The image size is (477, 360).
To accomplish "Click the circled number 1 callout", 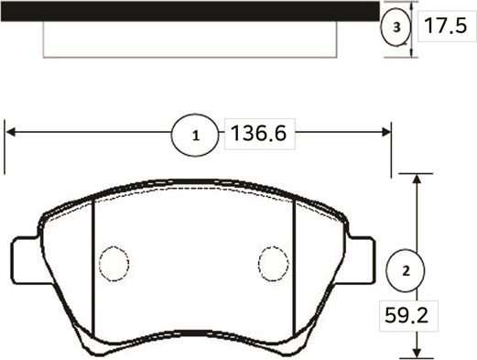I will (x=194, y=136).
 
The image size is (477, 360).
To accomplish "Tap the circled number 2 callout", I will (x=404, y=270).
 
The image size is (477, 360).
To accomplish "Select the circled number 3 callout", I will (x=396, y=27).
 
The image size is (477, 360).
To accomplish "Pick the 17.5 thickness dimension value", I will (x=442, y=27).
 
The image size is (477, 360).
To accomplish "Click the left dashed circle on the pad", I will (x=114, y=264).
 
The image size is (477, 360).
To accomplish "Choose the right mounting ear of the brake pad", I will (x=363, y=261).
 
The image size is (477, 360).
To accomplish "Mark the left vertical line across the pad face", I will (x=95, y=266).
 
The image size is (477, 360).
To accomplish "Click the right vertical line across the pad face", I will (x=293, y=266).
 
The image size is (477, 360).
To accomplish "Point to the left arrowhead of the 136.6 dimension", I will (x=11, y=134).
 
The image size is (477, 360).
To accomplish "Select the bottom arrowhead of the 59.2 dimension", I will (x=418, y=352).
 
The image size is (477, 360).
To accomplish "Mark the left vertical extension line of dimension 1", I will (x=5, y=147).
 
